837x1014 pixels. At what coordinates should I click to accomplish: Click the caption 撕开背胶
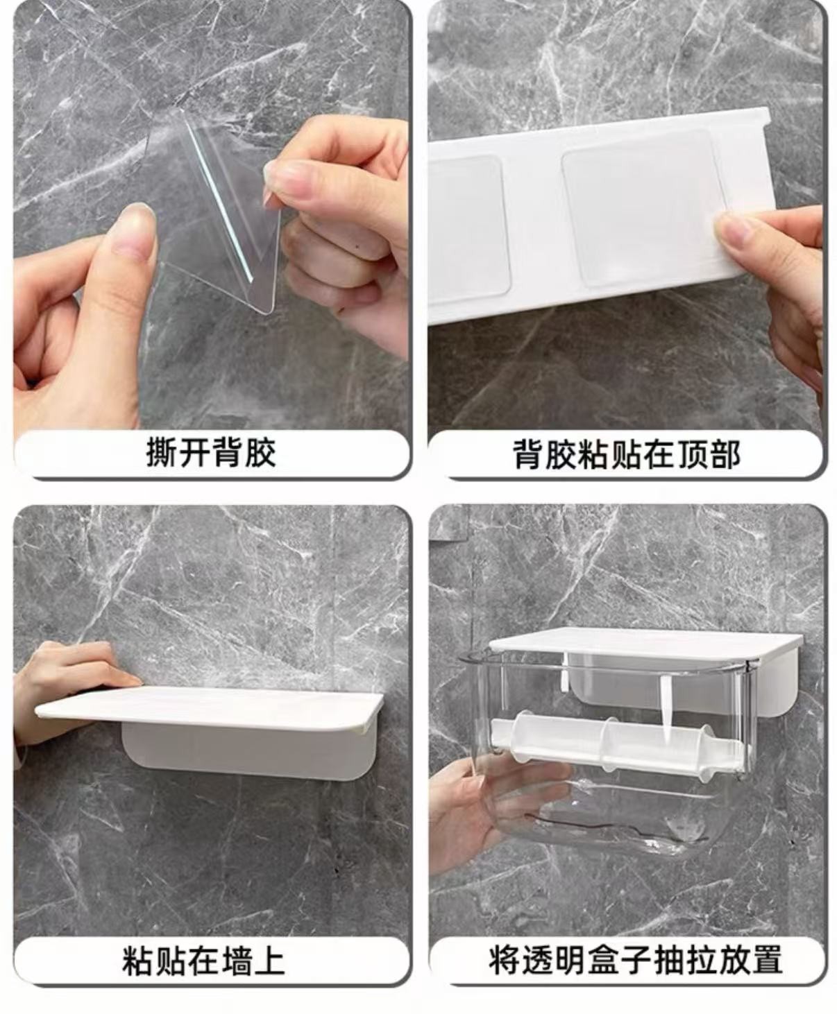(x=211, y=453)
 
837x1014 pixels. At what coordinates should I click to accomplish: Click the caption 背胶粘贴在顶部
(x=627, y=454)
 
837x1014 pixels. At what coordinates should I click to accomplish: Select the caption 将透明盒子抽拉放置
(x=636, y=960)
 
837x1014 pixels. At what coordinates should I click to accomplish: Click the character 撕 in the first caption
(x=162, y=453)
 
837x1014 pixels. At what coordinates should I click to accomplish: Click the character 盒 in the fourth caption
(x=603, y=960)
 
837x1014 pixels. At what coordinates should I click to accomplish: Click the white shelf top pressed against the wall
(x=209, y=708)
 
